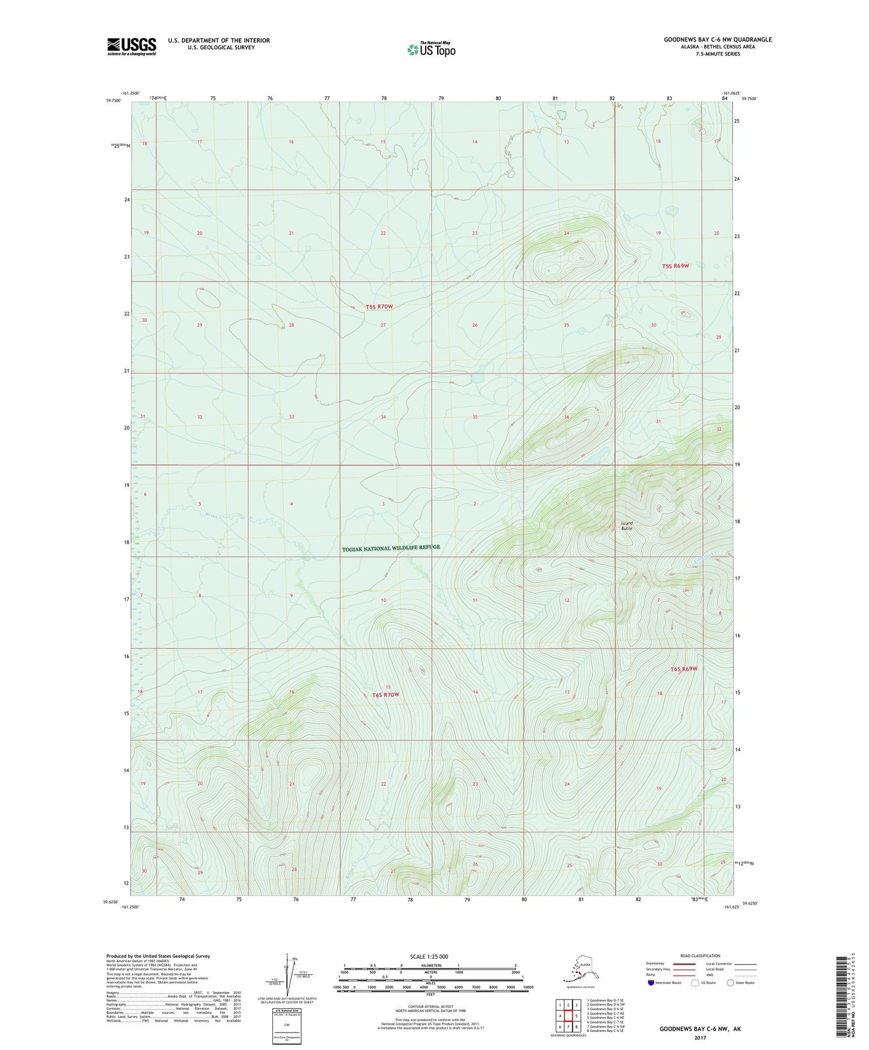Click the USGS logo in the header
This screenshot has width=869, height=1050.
[x=131, y=46]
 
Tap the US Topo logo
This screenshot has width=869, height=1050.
[x=431, y=49]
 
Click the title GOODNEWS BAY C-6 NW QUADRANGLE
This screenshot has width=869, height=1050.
[x=717, y=40]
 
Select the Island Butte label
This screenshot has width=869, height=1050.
[x=627, y=526]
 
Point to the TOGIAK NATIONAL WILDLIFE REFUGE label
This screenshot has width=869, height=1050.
[x=391, y=548]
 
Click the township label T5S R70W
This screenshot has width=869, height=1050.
[x=379, y=307]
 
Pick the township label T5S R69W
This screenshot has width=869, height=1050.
[x=675, y=266]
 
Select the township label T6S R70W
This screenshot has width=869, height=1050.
[x=385, y=695]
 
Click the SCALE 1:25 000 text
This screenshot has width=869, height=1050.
[x=429, y=956]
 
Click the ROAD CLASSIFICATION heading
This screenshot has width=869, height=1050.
[x=700, y=956]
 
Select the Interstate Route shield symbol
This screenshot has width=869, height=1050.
[x=651, y=983]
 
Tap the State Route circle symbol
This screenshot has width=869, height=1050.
[x=731, y=983]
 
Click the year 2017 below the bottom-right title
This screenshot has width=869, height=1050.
[x=699, y=1037]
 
